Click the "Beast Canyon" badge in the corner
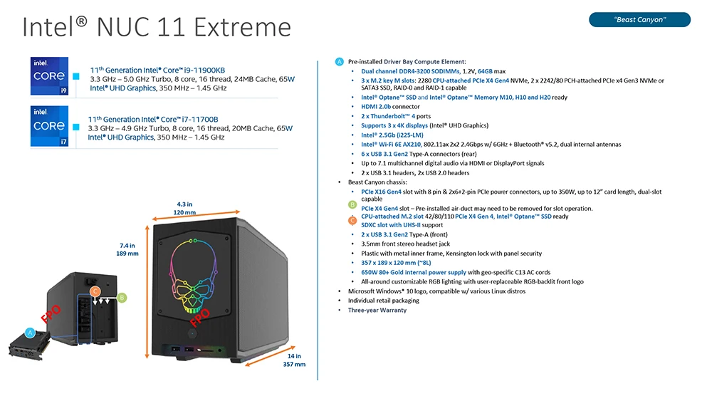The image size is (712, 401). pyautogui.click(x=639, y=19)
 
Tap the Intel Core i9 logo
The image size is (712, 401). pyautogui.click(x=50, y=75)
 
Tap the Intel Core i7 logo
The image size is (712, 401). pyautogui.click(x=50, y=126)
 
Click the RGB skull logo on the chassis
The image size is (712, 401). pyautogui.click(x=194, y=276)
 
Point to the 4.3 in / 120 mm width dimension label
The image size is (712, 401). pyautogui.click(x=185, y=209)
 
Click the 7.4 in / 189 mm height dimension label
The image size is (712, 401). pyautogui.click(x=127, y=249)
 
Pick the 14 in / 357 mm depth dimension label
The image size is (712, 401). pyautogui.click(x=294, y=360)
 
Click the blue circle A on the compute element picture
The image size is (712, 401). pyautogui.click(x=30, y=333)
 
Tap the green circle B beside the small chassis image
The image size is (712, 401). pyautogui.click(x=122, y=298)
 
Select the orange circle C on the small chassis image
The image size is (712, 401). pyautogui.click(x=95, y=291)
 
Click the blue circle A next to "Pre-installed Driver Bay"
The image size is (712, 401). pyautogui.click(x=339, y=62)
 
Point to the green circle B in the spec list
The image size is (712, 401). pyautogui.click(x=352, y=205)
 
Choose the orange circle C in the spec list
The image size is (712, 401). pyautogui.click(x=352, y=221)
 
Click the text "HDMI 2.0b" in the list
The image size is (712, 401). pyautogui.click(x=375, y=107)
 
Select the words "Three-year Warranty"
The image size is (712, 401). pyautogui.click(x=377, y=310)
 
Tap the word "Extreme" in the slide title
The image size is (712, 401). pyautogui.click(x=242, y=27)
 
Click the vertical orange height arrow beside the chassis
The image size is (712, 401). pyautogui.click(x=147, y=291)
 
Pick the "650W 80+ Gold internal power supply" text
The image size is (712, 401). pyautogui.click(x=414, y=273)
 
